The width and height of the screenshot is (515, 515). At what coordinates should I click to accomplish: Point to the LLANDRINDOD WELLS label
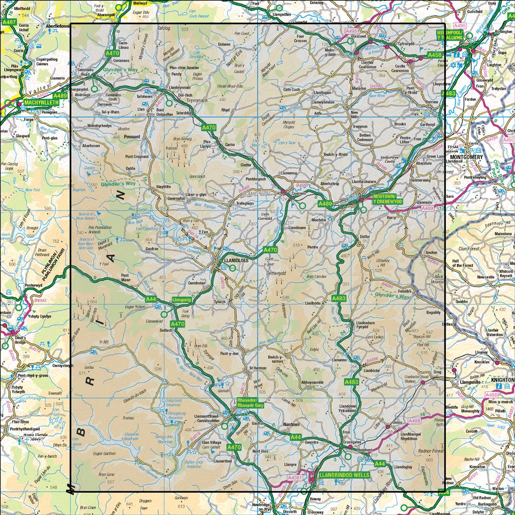(x=344, y=474)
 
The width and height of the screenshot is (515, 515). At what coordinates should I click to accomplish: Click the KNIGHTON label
(x=503, y=380)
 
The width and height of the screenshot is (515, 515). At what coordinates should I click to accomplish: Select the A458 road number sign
(x=434, y=55)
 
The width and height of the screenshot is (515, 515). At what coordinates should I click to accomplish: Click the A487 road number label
(x=9, y=22)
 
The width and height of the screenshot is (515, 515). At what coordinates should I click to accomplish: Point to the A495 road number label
(x=351, y=31)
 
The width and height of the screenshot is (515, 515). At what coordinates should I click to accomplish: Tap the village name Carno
(x=230, y=145)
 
